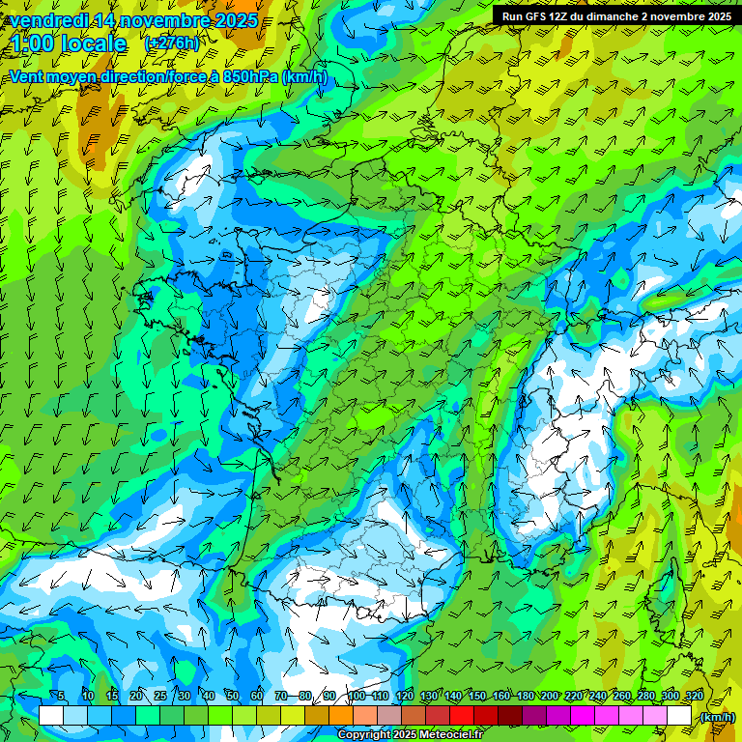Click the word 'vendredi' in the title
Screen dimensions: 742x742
[x=44, y=19]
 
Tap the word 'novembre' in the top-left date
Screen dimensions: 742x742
[x=159, y=19]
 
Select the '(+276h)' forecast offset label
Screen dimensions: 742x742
[x=172, y=43]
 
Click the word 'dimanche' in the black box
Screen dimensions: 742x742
[x=637, y=15]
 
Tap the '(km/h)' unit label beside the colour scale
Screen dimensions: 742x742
[x=716, y=716]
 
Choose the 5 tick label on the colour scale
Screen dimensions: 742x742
[x=61, y=696]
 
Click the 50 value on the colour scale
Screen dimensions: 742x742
[x=232, y=696]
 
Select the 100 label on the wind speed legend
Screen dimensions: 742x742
[x=356, y=696]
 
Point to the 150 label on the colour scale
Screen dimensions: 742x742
[x=476, y=696]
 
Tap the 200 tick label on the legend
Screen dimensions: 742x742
[x=550, y=696]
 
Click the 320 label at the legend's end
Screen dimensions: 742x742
[x=694, y=696]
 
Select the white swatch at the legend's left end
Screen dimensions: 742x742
[x=51, y=715]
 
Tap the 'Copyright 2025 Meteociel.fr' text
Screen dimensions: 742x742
[x=410, y=734]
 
